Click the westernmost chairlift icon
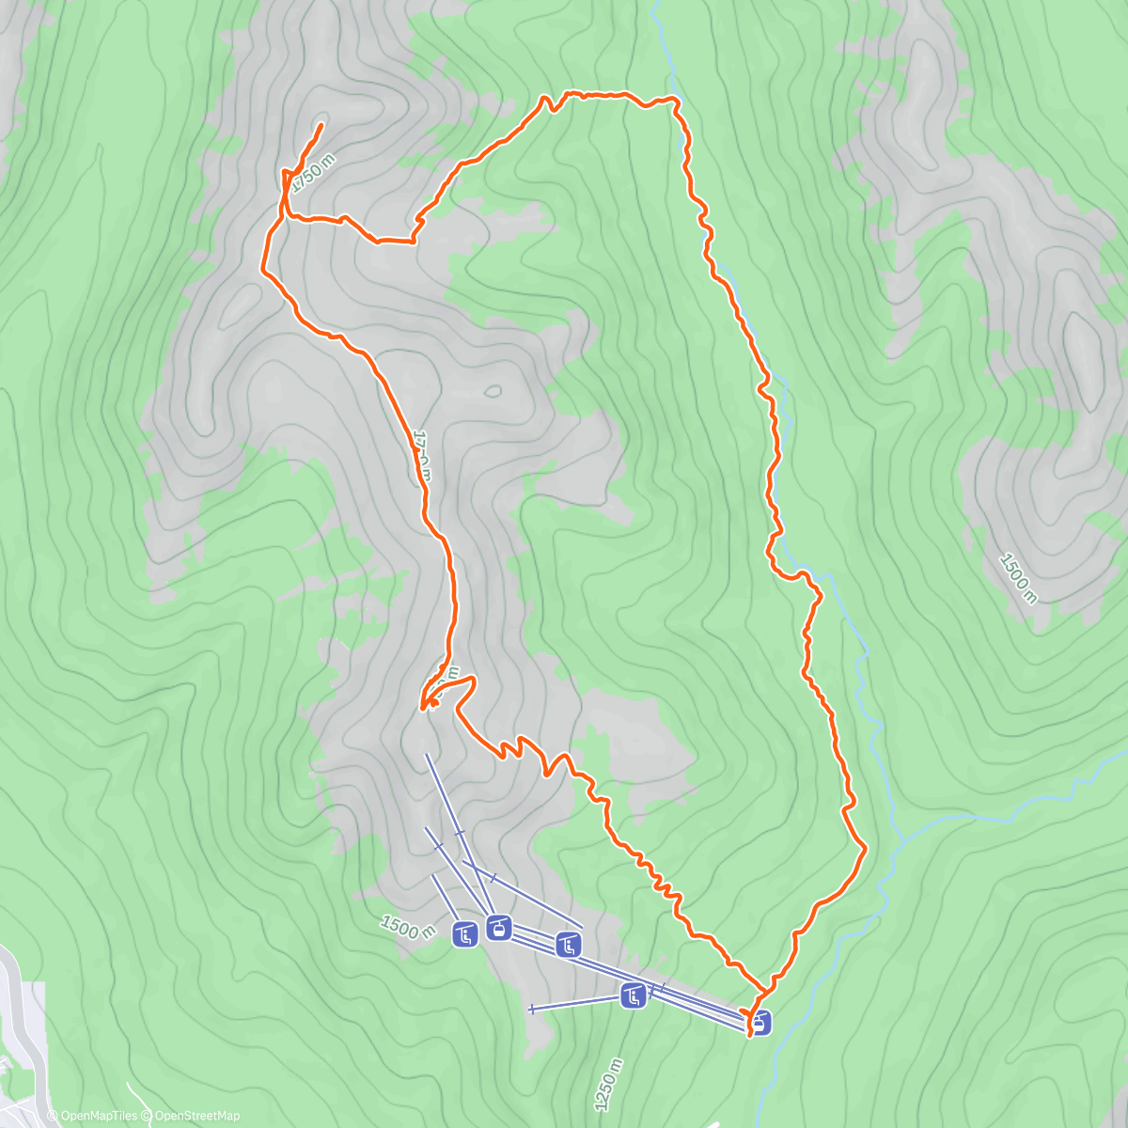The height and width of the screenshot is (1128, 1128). click(465, 935)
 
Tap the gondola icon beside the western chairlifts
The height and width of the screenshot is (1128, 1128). click(499, 929)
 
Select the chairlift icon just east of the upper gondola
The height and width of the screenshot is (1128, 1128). click(567, 945)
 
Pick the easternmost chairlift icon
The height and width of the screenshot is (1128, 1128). click(634, 995)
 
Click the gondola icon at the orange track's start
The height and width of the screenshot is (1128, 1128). click(759, 1021)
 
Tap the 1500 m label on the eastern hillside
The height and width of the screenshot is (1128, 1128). click(1018, 579)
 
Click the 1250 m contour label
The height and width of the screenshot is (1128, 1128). click(609, 1085)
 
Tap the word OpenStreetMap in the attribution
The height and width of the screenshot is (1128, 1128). click(197, 1116)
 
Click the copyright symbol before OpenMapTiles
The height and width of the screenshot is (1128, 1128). click(54, 1116)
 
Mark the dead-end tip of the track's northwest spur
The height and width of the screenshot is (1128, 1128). click(321, 125)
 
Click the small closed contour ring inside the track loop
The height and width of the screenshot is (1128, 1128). click(492, 391)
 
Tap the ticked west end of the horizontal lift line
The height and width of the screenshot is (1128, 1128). click(532, 1010)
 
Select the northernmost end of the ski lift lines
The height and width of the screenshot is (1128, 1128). click(426, 755)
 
